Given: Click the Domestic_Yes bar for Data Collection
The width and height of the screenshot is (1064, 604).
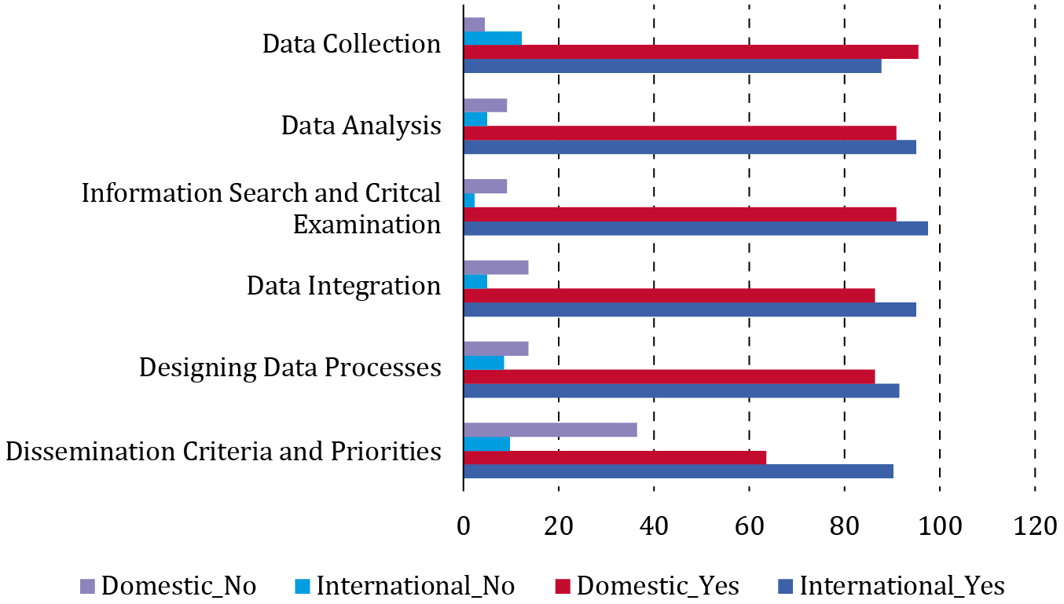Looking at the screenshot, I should [691, 52].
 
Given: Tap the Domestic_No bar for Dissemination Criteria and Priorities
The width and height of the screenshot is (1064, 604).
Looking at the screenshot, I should [550, 430].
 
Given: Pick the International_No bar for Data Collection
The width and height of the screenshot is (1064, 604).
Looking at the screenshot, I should [493, 38].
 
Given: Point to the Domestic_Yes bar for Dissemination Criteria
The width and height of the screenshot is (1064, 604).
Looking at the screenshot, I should [615, 457].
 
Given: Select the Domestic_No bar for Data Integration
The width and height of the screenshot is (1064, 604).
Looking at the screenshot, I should [496, 267].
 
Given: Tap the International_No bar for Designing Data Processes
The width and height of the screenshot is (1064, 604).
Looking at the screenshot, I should [483, 363].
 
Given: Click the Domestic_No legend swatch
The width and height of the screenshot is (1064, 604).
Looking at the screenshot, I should [86, 586].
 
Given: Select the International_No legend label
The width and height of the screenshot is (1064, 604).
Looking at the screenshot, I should [415, 586].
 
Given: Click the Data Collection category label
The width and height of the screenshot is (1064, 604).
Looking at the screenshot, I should [351, 44].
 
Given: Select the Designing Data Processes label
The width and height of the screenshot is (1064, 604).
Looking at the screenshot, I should [290, 367].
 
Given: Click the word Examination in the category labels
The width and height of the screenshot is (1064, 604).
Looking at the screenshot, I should [366, 225].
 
